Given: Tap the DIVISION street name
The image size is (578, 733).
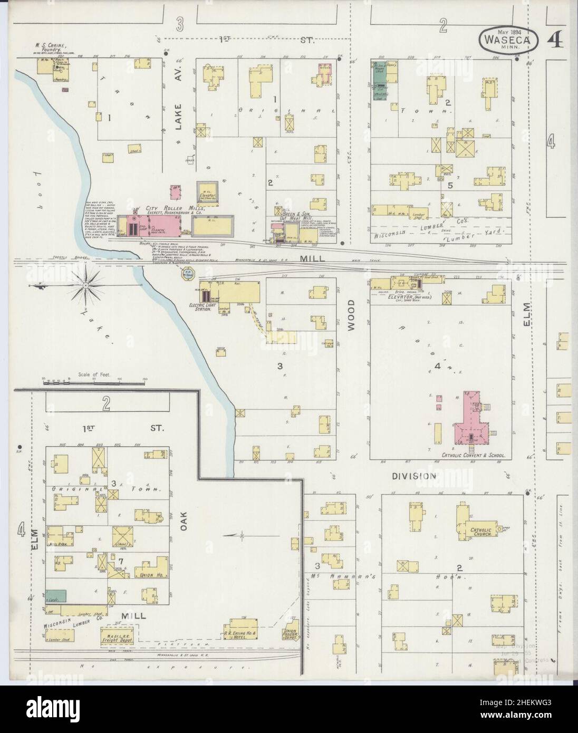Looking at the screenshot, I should pyautogui.click(x=414, y=476).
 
